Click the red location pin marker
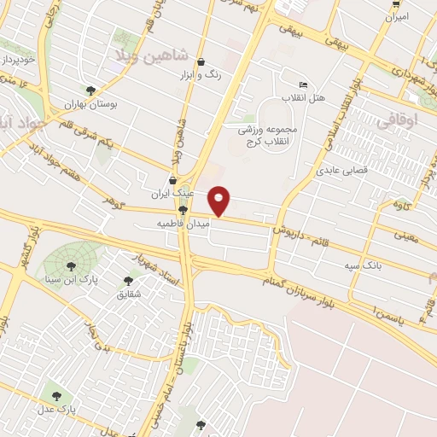pyautogui.click(x=219, y=201)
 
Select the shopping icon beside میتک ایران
pyautogui.click(x=175, y=180)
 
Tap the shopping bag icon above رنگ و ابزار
pyautogui.click(x=201, y=61)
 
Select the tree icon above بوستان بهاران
pyautogui.click(x=90, y=89)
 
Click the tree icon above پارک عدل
pyautogui.click(x=57, y=395)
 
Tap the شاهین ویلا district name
pyautogui.click(x=145, y=53)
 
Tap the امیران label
pyautogui.click(x=395, y=16)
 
